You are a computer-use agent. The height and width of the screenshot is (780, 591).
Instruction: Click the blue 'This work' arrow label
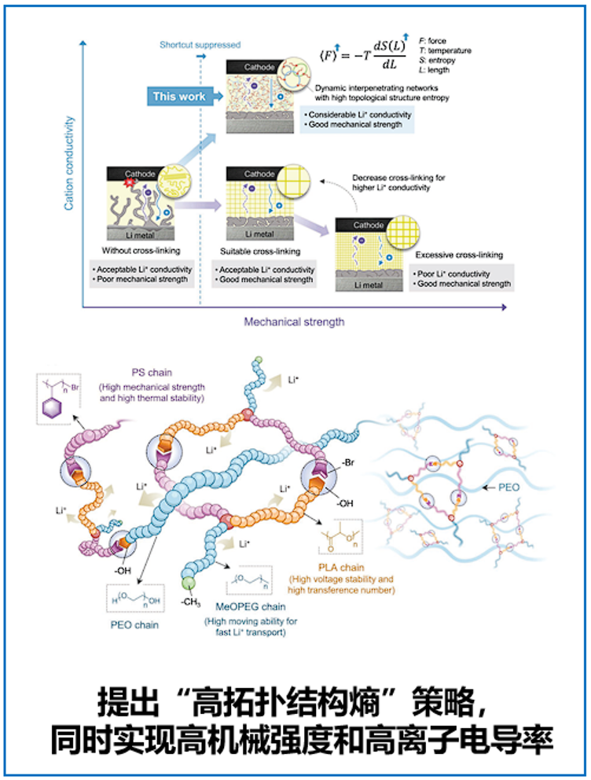(180, 96)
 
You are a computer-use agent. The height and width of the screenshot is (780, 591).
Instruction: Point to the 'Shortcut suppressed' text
(200, 45)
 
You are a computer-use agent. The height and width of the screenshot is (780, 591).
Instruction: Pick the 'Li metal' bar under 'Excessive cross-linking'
(368, 285)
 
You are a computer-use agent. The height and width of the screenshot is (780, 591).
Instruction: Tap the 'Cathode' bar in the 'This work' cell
(259, 68)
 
